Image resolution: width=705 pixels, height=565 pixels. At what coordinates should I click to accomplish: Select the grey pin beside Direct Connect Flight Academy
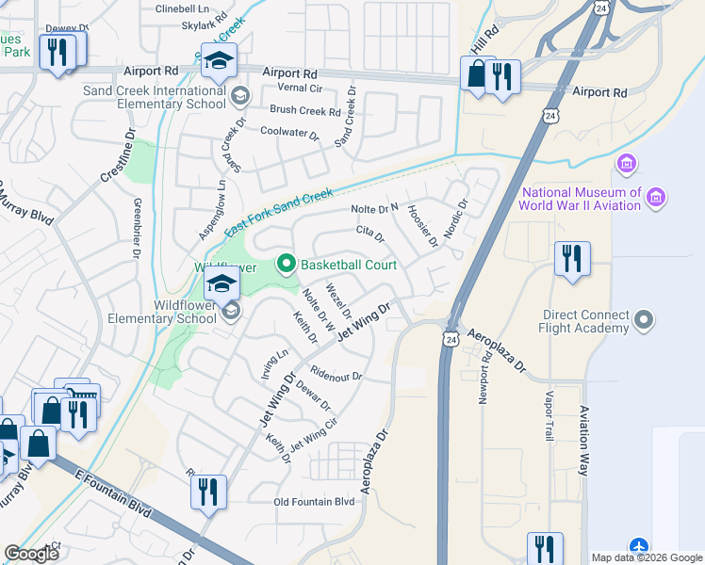(x=645, y=320)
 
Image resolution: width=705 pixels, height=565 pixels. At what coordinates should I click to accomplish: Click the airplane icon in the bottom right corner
(x=640, y=547)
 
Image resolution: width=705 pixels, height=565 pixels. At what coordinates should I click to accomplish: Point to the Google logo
(x=31, y=554)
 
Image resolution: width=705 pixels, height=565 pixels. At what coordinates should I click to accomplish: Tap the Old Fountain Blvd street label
(x=314, y=502)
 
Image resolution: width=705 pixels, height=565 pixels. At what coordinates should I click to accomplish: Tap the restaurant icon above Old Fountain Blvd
(x=205, y=491)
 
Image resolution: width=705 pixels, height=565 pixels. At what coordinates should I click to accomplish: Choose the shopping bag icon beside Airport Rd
(x=477, y=73)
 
